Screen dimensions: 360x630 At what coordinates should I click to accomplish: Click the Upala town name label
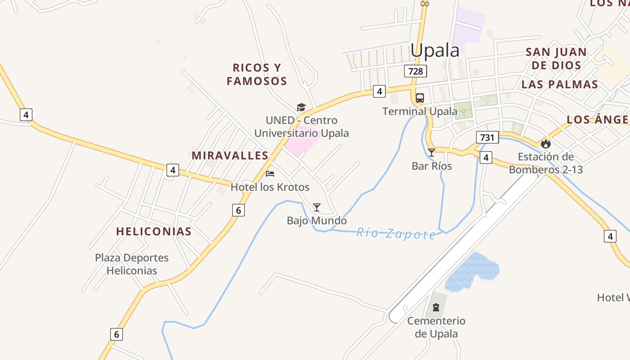point(435,50)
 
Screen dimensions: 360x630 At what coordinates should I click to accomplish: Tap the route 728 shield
point(415,71)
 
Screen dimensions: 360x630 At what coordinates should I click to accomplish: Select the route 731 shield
point(487,137)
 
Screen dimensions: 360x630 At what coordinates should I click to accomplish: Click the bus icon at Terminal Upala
point(420,98)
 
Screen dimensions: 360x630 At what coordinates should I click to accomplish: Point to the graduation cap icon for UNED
point(301,107)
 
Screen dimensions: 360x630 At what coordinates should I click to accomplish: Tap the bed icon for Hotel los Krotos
point(270,174)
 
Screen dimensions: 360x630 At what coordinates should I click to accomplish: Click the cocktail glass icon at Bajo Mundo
point(317,207)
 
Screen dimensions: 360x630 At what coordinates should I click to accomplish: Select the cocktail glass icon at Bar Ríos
point(432,153)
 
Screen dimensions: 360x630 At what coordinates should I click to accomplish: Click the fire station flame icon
point(546,144)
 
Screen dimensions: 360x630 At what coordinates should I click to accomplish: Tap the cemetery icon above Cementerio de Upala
point(436,307)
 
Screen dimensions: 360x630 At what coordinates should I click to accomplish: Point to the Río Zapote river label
point(396,234)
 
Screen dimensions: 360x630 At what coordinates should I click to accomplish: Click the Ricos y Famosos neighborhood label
point(257,74)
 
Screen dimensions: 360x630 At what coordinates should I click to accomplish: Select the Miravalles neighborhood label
point(230,156)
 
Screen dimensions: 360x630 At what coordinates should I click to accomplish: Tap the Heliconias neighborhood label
point(154,231)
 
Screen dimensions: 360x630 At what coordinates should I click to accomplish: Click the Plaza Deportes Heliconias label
point(132,264)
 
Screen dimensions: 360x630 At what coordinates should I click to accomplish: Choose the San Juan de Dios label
point(556,58)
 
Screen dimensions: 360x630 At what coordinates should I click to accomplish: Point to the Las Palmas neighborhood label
point(560,85)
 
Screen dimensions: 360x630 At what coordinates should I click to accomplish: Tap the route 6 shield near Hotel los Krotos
point(238,210)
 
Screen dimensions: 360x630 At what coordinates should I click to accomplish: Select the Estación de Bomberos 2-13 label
point(546,163)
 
